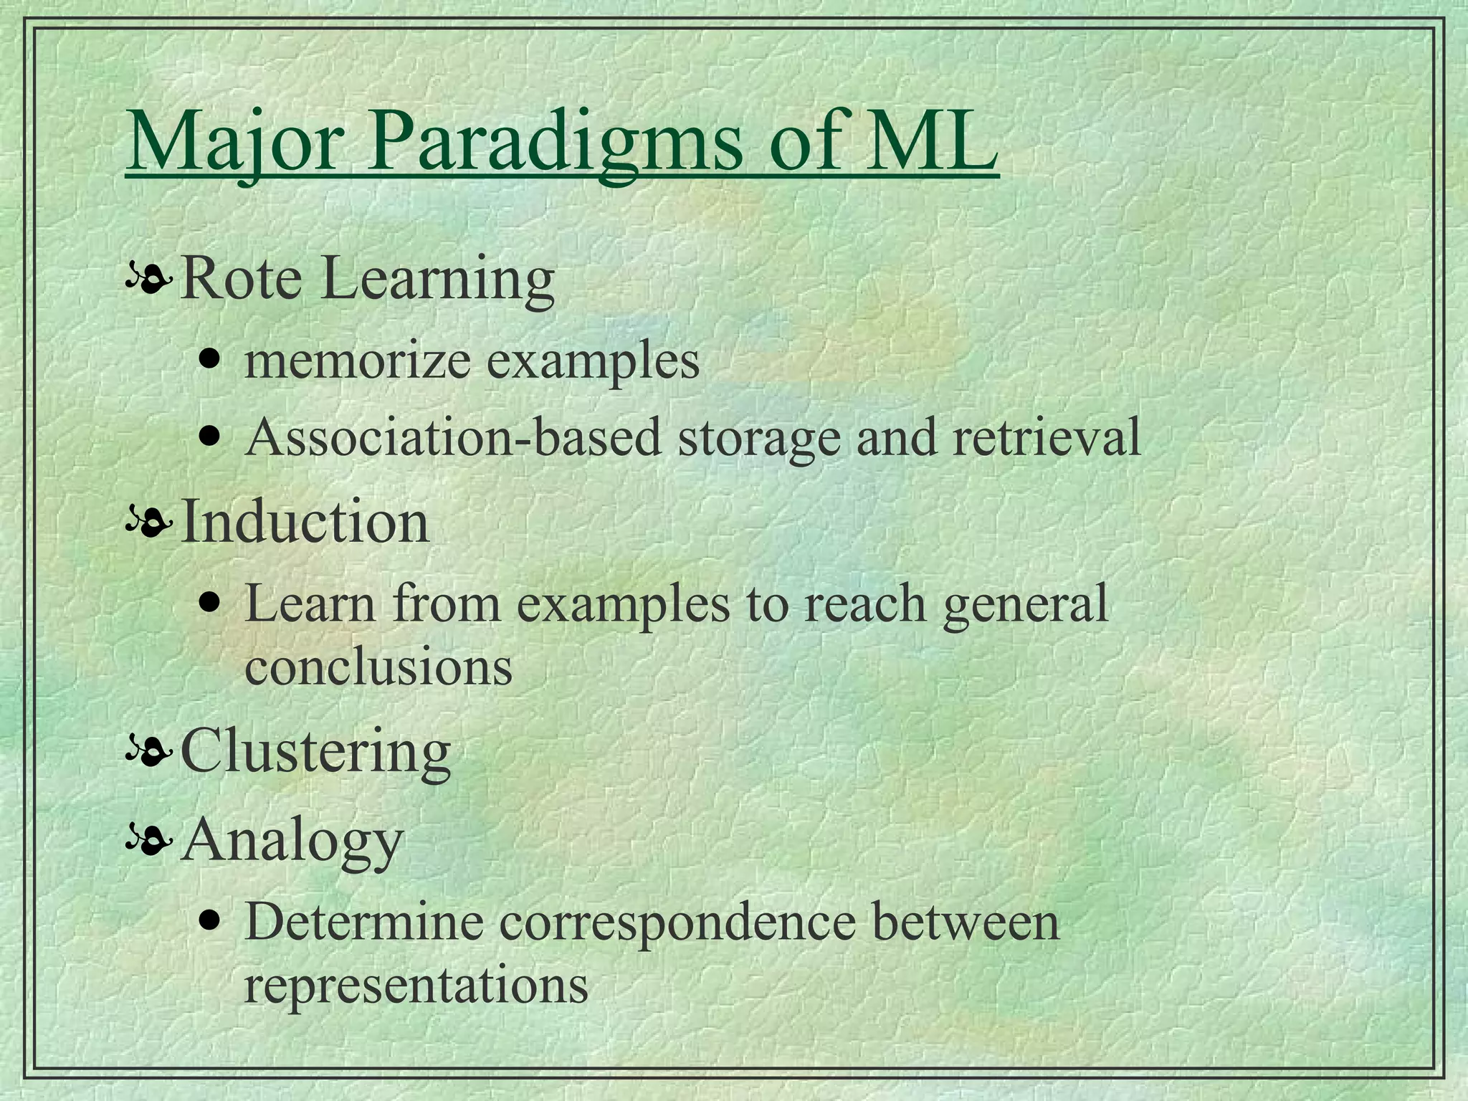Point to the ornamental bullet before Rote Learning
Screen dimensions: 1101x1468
click(148, 281)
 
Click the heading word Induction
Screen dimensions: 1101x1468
click(305, 522)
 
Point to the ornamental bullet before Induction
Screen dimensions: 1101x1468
click(148, 525)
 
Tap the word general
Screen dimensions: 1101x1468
click(1026, 604)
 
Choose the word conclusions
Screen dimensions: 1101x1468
click(378, 667)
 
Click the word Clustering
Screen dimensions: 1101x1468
click(315, 752)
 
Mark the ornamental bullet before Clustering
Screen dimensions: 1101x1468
click(148, 753)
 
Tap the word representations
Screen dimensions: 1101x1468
click(416, 985)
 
